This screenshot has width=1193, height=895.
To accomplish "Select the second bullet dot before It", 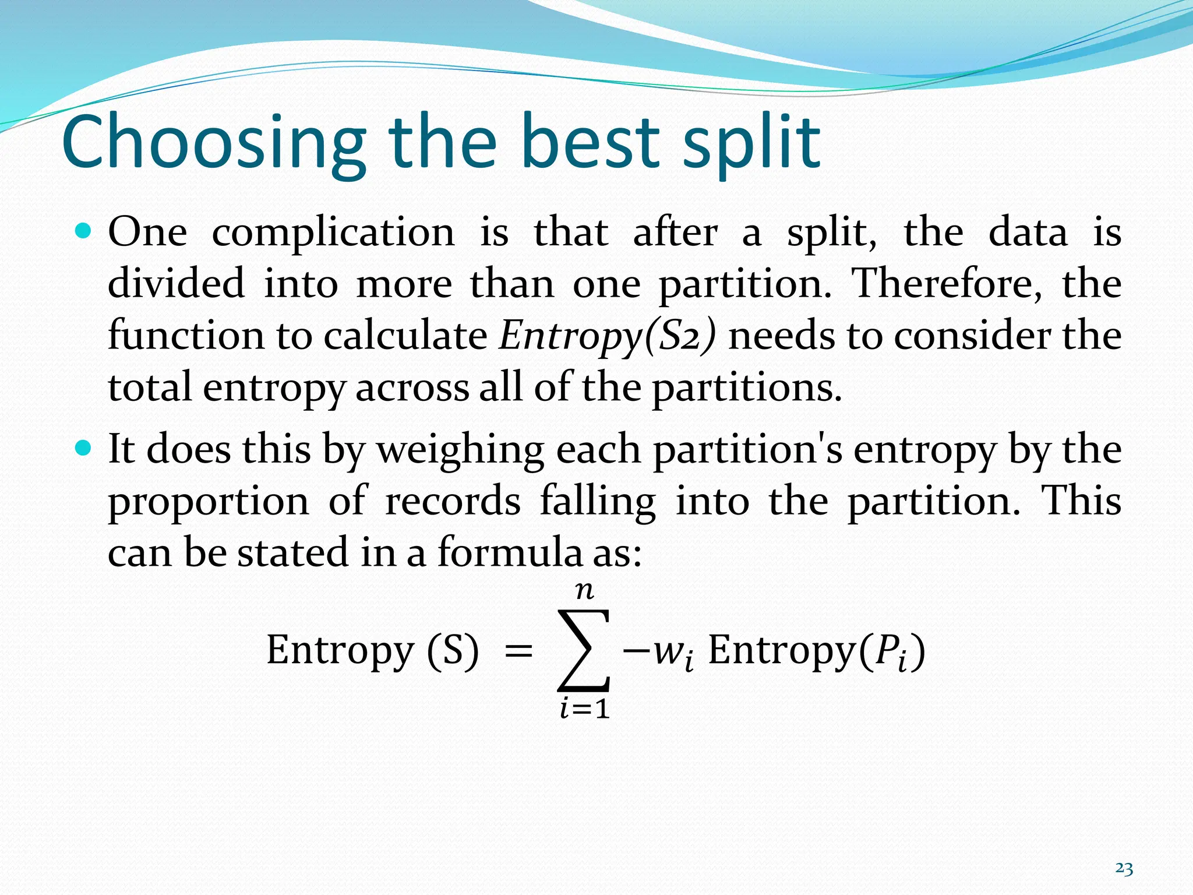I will click(x=84, y=449).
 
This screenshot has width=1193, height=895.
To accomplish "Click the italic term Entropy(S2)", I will click(x=608, y=336).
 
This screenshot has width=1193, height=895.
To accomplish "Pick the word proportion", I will click(x=209, y=502).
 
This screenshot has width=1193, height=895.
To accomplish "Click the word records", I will click(x=453, y=501).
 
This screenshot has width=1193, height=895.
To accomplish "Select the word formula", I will click(x=509, y=552).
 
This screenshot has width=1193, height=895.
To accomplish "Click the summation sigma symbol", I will click(x=584, y=650).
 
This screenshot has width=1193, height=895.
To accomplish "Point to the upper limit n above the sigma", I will click(x=584, y=591).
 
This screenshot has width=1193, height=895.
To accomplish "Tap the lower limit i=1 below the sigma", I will click(x=584, y=710).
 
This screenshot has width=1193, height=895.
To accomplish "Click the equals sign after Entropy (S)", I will click(x=518, y=651).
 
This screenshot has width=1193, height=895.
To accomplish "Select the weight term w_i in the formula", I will click(x=673, y=653).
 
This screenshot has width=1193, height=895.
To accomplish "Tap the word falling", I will click(x=598, y=502).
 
